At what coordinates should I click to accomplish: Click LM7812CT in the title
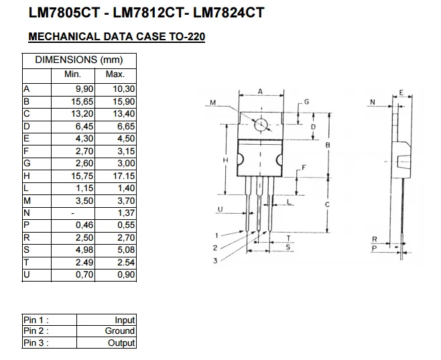[x=148, y=13]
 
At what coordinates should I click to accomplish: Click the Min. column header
[x=72, y=74]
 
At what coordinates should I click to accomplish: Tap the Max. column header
[x=115, y=74]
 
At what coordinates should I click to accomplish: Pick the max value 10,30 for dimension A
[x=124, y=89]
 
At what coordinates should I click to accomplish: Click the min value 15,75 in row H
[x=82, y=176]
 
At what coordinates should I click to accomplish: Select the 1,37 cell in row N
[x=126, y=213]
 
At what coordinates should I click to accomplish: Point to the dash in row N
[x=73, y=213]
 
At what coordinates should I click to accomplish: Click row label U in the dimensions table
[x=27, y=274]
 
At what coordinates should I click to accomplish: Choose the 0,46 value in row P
[x=84, y=225]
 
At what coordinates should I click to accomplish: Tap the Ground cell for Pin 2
[x=120, y=331]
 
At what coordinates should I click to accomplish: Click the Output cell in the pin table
[x=121, y=343]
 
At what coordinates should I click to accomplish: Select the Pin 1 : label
[x=36, y=320]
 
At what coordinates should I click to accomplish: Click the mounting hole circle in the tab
[x=261, y=125]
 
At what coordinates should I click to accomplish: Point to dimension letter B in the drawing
[x=328, y=145]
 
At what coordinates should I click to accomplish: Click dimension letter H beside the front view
[x=226, y=160]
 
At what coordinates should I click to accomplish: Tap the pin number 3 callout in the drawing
[x=215, y=261]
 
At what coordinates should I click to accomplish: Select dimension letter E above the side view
[x=401, y=93]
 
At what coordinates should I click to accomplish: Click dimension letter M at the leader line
[x=213, y=103]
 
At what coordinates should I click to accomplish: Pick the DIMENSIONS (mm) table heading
[x=79, y=60]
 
